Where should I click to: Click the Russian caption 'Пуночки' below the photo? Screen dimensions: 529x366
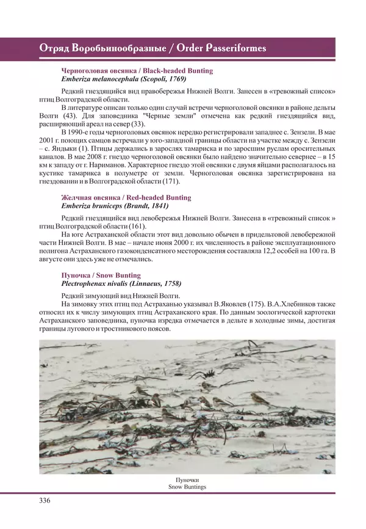pyautogui.click(x=187, y=480)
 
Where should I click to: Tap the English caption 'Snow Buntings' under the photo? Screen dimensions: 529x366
pyautogui.click(x=187, y=487)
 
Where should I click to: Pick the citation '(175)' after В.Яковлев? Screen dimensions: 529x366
pyautogui.click(x=254, y=304)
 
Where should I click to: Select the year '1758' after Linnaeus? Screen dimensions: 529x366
pyautogui.click(x=170, y=284)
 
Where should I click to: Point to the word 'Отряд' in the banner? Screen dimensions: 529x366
pyautogui.click(x=54, y=48)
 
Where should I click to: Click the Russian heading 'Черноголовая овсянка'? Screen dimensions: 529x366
pyautogui.click(x=96, y=71)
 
